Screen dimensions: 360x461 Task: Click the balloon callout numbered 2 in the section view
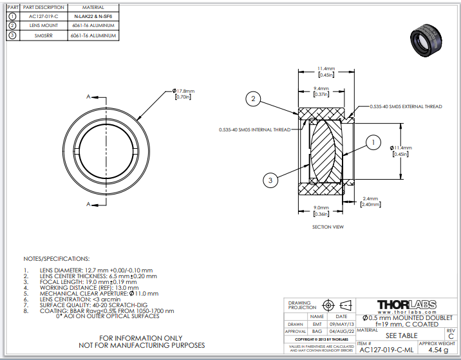[x=254, y=99]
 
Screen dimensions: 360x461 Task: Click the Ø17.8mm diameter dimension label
[x=183, y=93]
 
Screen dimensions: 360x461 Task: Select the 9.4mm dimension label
[x=321, y=91]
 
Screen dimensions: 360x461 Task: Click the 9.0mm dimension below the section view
[x=320, y=210]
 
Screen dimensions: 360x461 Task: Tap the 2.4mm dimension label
[x=370, y=201]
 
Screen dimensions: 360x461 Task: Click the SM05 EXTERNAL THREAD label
[x=406, y=106]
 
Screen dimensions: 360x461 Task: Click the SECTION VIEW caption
[x=328, y=227]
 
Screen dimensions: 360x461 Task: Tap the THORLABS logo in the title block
[x=406, y=305]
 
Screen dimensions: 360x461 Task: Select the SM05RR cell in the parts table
[x=43, y=35]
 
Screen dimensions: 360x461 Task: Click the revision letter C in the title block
[x=450, y=336]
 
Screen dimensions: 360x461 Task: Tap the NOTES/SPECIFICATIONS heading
[x=56, y=258]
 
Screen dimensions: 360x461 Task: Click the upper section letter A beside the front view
[x=88, y=97]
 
